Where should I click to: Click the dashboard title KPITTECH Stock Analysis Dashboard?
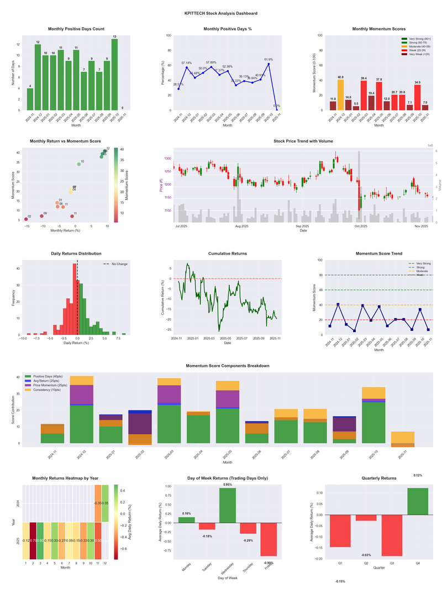click(x=221, y=13)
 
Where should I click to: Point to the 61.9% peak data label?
click(x=269, y=60)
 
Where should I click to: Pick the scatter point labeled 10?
click(x=79, y=164)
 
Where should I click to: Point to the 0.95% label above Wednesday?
click(x=228, y=485)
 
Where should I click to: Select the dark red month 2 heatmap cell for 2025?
click(x=33, y=540)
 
